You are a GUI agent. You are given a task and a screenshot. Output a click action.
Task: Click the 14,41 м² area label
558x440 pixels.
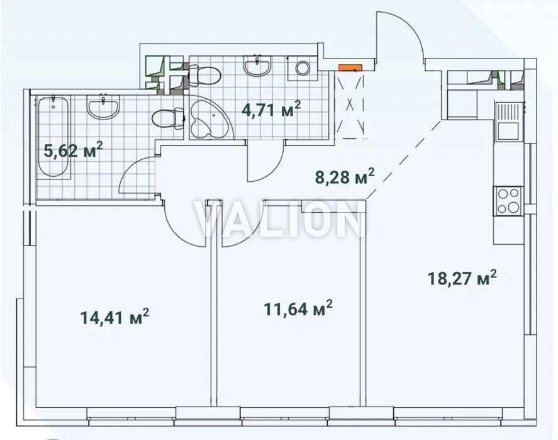click(114, 317)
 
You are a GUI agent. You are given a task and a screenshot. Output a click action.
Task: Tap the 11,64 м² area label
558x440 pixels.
click(298, 308)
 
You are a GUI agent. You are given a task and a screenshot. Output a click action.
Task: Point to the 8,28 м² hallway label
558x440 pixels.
click(345, 176)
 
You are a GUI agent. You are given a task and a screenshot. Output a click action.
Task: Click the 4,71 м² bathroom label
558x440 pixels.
click(271, 109)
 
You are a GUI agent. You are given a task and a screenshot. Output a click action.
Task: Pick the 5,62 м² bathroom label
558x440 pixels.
click(74, 150)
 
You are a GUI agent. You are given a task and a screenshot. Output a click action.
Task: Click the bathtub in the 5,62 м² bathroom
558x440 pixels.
click(53, 137)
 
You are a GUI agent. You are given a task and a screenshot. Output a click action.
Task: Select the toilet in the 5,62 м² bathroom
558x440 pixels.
click(167, 118)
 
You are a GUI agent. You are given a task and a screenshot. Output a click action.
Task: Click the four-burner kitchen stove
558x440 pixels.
click(508, 201)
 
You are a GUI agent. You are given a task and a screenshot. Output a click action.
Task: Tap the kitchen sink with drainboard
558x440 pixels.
click(508, 121)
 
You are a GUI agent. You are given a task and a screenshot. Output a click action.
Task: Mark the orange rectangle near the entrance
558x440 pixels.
click(350, 67)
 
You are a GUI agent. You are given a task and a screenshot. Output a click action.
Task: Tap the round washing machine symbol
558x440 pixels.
click(303, 67)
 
